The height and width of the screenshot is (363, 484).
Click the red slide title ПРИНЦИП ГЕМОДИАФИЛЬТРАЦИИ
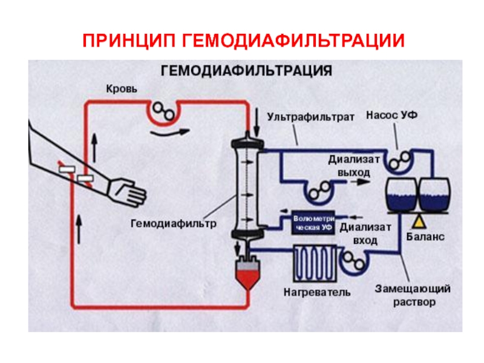[x=243, y=41]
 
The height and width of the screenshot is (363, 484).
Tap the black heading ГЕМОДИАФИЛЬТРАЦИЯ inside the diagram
[x=246, y=71]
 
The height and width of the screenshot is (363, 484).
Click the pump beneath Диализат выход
[x=318, y=192]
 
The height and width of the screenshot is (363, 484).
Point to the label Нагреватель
[x=317, y=293]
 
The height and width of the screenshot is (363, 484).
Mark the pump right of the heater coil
[x=352, y=261]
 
